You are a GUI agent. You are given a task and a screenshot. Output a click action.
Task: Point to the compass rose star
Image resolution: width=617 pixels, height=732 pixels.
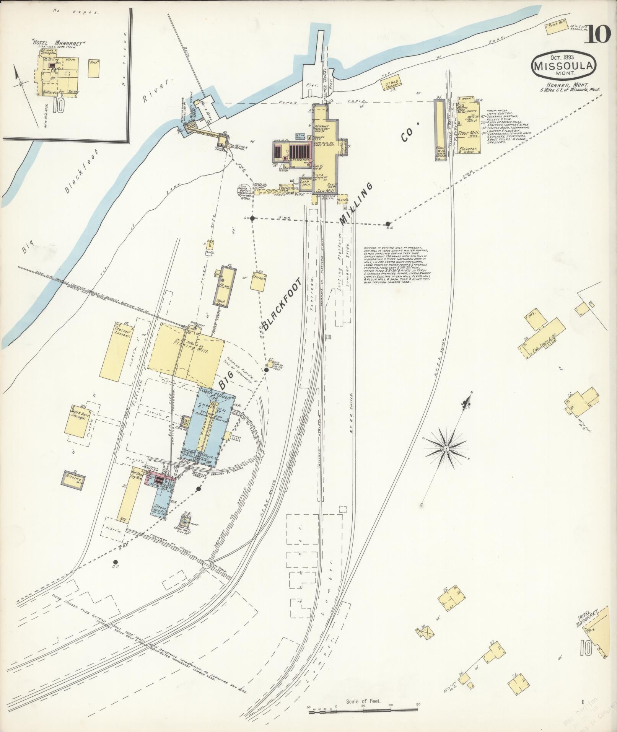click(x=446, y=448)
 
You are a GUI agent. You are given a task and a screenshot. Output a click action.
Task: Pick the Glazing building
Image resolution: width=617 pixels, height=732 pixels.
click(x=73, y=478)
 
